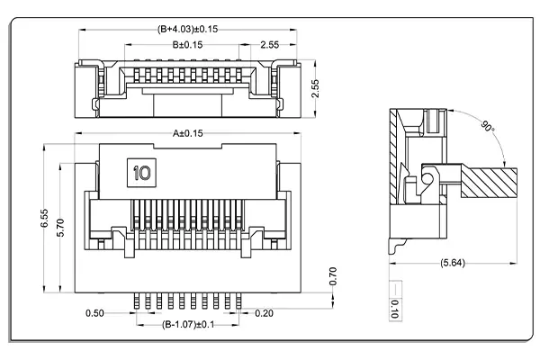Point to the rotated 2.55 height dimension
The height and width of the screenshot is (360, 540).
(314, 90)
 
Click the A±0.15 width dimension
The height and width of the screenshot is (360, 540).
(189, 133)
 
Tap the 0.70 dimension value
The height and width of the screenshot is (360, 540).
(332, 276)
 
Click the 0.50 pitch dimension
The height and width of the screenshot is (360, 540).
(94, 313)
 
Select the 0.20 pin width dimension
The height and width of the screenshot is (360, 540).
(265, 313)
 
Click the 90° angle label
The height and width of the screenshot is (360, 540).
(487, 125)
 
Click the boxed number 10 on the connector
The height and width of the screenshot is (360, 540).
(141, 171)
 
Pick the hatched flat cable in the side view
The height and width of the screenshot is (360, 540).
(490, 182)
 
